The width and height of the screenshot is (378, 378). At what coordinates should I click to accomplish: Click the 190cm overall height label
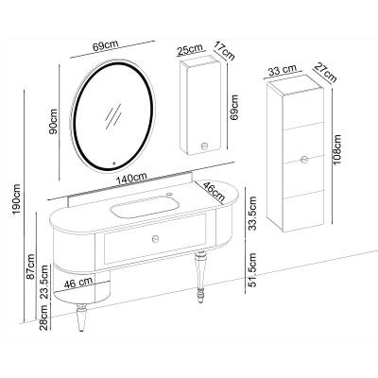click(16, 199)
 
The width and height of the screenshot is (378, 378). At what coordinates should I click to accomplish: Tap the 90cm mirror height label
click(53, 121)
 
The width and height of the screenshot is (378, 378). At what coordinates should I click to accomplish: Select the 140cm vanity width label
click(131, 179)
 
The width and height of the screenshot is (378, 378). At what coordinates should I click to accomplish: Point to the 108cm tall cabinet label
click(336, 149)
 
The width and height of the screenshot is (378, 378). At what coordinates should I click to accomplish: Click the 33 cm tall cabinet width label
click(283, 70)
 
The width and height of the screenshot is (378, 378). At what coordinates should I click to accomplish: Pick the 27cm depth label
click(325, 73)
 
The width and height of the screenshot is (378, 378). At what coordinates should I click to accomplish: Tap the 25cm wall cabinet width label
click(189, 50)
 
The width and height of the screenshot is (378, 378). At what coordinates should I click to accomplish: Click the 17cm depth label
click(224, 50)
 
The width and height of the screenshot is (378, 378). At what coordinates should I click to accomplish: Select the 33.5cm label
click(252, 213)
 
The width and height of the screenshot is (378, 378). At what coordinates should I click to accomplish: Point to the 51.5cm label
click(252, 270)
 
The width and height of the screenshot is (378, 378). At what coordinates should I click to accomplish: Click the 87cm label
click(30, 266)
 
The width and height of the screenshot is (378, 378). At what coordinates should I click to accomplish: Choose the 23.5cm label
click(44, 282)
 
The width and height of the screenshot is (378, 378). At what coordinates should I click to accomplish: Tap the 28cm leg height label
click(44, 318)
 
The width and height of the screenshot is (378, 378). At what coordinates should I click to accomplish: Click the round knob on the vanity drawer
click(155, 239)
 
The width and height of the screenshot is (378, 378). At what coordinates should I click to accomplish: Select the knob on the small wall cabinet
click(204, 146)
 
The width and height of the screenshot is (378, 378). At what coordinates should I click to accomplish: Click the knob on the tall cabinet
click(304, 160)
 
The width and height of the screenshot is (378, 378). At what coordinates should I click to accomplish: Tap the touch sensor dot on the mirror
click(114, 163)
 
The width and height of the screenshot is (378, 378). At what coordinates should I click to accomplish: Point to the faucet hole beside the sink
click(170, 194)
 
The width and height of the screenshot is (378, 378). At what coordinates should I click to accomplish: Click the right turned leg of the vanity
click(199, 276)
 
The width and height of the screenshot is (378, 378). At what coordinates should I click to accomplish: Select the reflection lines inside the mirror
click(112, 115)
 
